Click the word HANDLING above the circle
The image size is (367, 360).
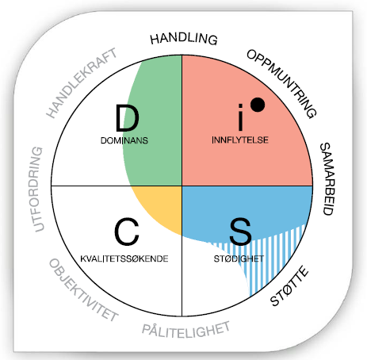point(184,39)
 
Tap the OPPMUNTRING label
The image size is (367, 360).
point(282,83)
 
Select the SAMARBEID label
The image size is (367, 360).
point(327,179)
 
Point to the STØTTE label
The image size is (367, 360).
point(289,286)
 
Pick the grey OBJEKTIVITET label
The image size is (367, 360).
point(83,290)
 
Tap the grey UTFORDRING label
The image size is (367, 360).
point(38,190)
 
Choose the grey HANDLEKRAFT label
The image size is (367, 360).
point(82,82)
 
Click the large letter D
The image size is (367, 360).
point(127,118)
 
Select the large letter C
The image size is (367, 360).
point(127,232)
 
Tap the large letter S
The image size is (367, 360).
point(240,232)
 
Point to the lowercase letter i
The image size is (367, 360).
point(240,117)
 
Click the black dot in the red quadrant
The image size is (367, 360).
point(258,105)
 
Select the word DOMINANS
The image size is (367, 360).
point(124,140)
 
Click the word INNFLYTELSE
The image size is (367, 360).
point(240,140)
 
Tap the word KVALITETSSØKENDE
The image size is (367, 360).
point(124,259)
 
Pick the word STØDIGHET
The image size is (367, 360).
point(239,259)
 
